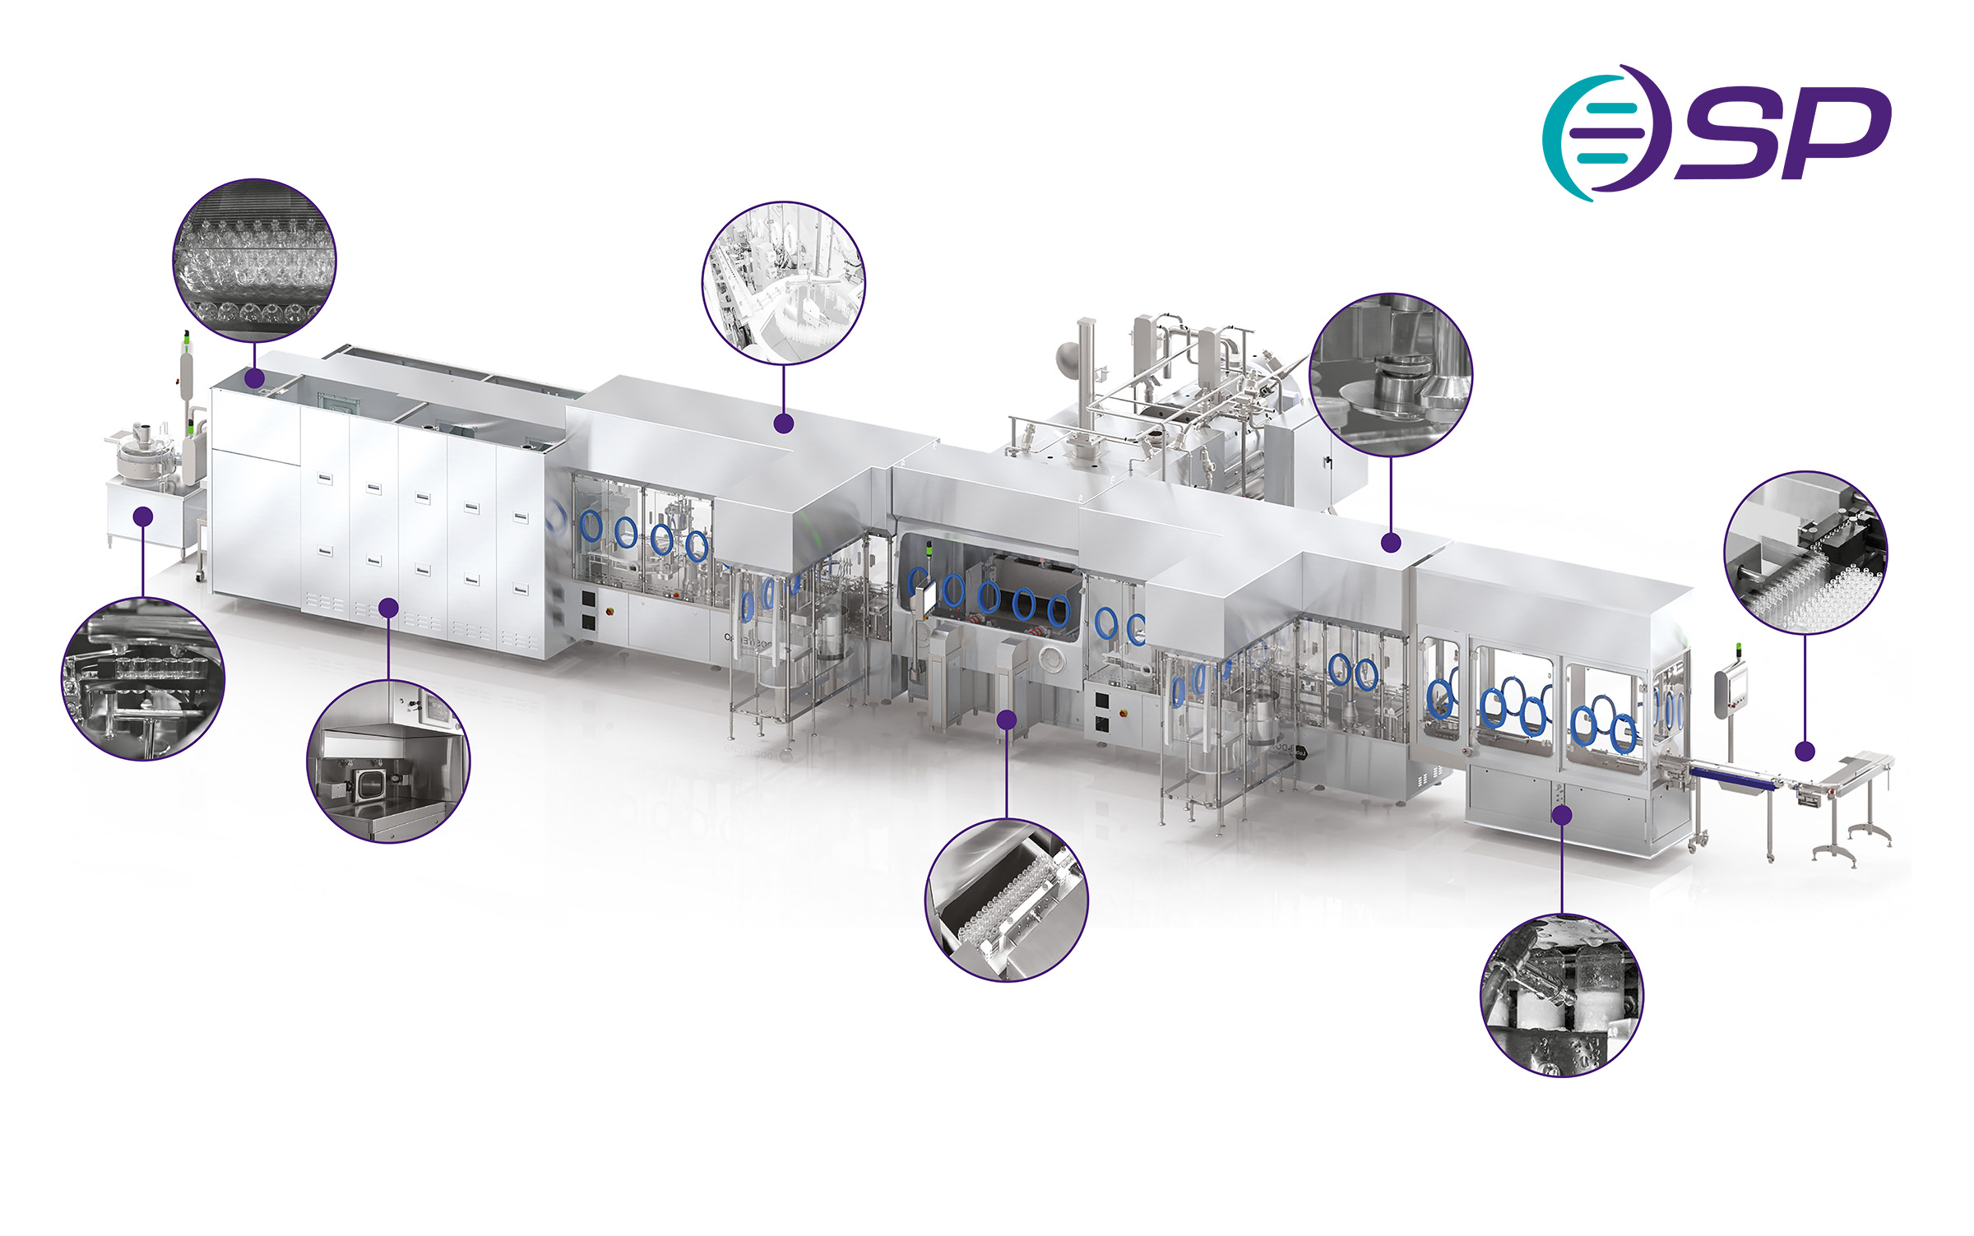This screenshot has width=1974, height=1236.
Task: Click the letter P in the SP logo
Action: [x=1838, y=132]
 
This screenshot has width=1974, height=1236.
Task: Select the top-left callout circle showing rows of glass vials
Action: [x=255, y=260]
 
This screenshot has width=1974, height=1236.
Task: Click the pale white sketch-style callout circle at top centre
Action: [x=784, y=282]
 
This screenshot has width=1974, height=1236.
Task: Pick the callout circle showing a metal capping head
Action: [x=1391, y=374]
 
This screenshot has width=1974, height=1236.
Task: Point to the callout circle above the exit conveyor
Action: [x=1805, y=553]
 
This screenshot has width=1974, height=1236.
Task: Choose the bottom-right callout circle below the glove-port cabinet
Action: [x=1562, y=995]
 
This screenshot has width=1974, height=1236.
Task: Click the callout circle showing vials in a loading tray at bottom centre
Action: [x=1007, y=900]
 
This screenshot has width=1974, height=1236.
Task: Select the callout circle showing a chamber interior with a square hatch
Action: [x=388, y=762]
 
